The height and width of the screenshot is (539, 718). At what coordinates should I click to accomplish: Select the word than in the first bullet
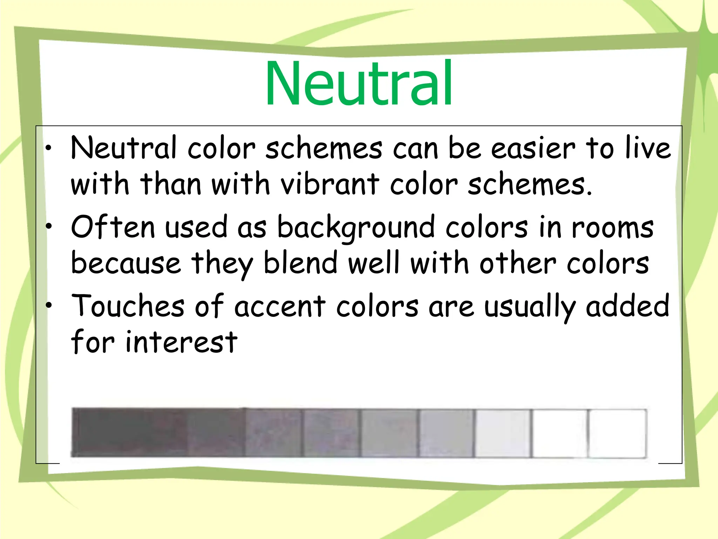(170, 184)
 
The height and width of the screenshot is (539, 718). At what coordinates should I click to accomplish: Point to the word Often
(113, 227)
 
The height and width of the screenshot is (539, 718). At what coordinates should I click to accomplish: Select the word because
(126, 263)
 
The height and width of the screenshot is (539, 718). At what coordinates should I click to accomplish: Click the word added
(627, 306)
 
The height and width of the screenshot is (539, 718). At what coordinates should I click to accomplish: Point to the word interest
(182, 342)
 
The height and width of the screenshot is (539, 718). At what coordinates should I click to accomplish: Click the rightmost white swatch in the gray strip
(617, 433)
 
